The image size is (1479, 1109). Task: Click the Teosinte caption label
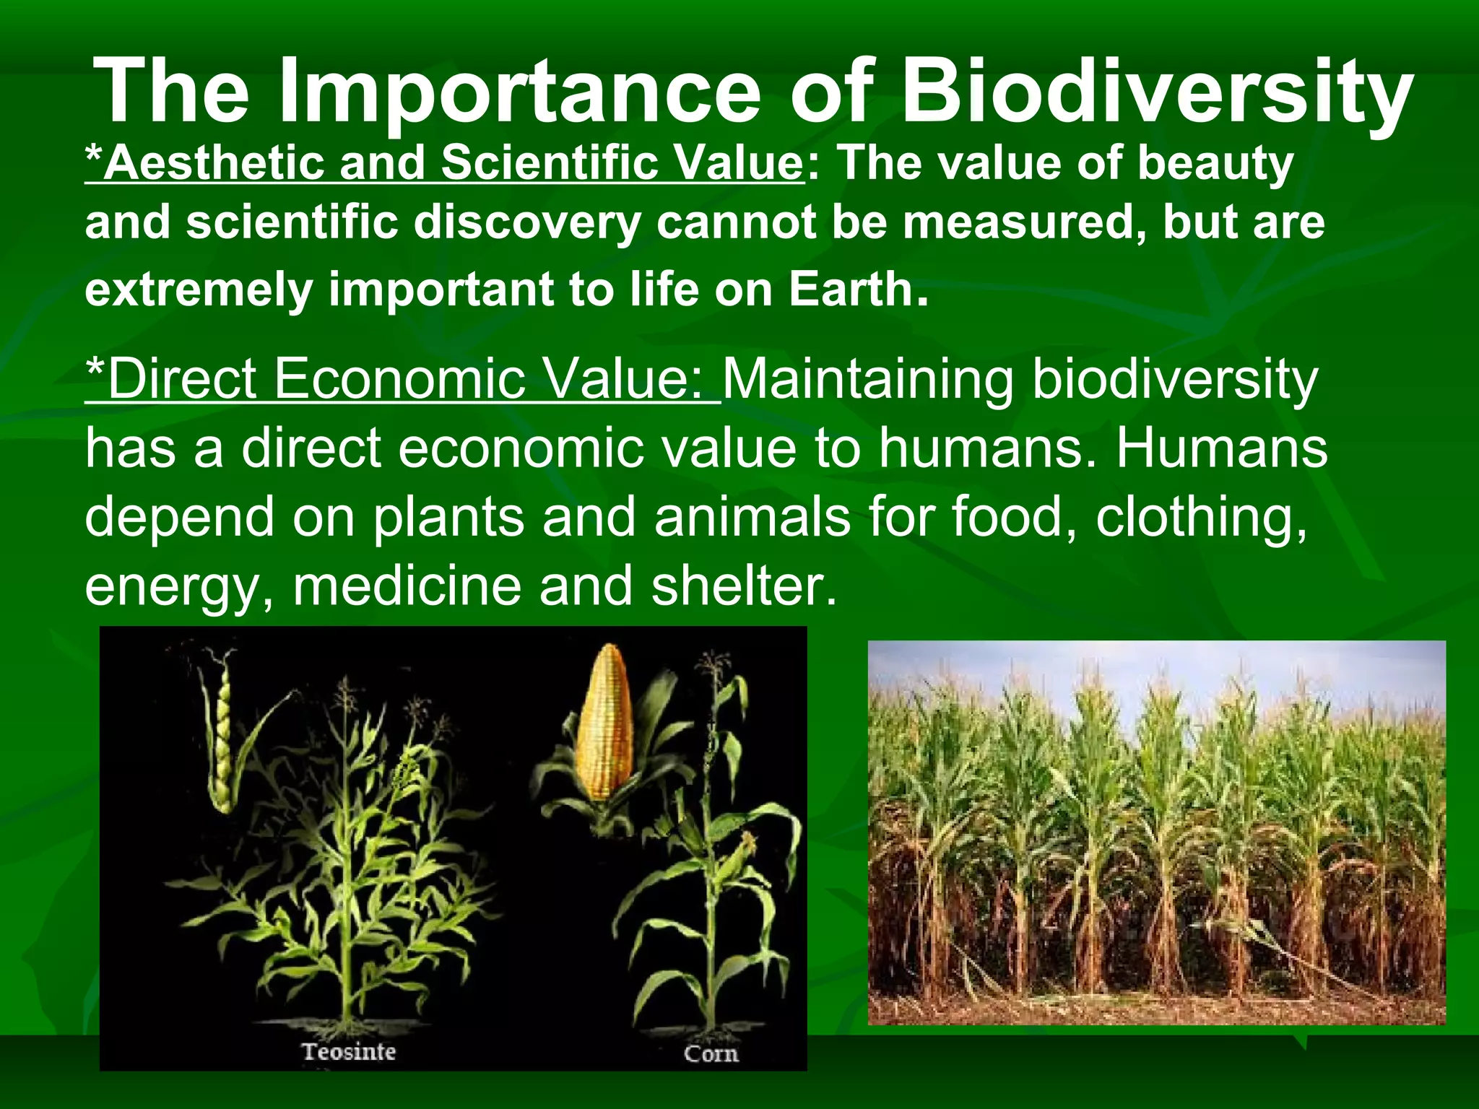349,1051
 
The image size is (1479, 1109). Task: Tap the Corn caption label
711,1053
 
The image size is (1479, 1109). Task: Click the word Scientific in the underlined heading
549,162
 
